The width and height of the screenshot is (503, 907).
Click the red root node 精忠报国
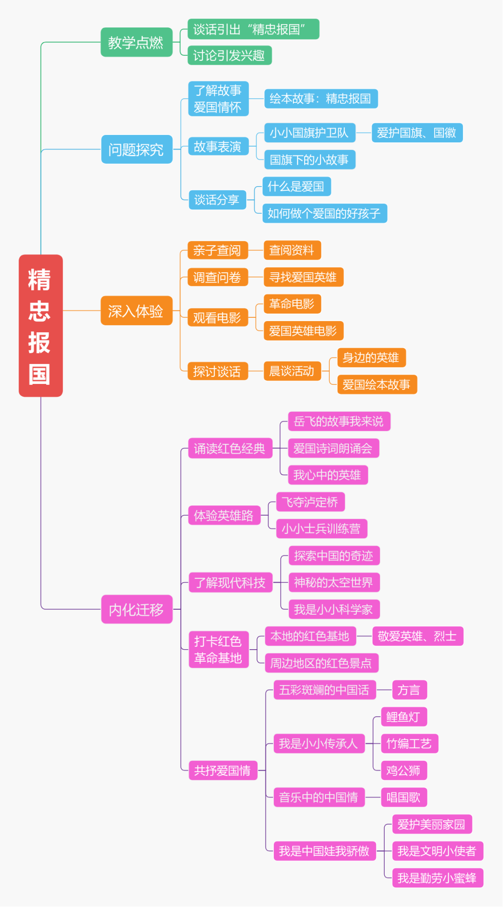click(41, 326)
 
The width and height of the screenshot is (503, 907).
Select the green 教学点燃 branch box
click(136, 42)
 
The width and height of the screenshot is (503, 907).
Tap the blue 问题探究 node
click(136, 149)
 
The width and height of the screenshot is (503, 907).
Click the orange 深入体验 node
click(136, 311)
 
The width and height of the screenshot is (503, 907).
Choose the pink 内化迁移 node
click(136, 609)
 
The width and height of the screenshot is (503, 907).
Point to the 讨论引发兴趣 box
click(229, 56)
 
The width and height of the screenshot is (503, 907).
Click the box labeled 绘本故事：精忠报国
click(321, 99)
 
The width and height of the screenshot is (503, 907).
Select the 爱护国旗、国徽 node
click(417, 133)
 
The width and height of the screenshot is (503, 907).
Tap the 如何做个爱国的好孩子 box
click(325, 214)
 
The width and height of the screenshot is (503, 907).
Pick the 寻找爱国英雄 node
click(303, 277)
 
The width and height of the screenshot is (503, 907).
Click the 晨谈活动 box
click(292, 371)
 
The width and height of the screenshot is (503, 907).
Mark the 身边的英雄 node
click(371, 358)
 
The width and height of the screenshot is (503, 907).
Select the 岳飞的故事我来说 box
click(339, 422)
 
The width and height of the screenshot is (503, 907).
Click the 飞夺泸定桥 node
click(310, 502)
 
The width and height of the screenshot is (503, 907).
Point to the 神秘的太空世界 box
click(334, 583)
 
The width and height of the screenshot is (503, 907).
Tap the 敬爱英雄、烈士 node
click(417, 636)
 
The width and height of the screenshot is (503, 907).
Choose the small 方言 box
click(409, 690)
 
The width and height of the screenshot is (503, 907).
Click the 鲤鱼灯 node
click(403, 717)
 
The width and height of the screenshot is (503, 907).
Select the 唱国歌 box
click(403, 798)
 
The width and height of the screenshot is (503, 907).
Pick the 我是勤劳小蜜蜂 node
click(437, 878)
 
